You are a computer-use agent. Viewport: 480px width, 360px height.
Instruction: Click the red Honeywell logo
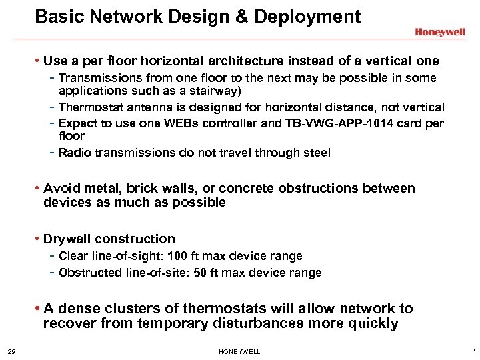[x=439, y=31]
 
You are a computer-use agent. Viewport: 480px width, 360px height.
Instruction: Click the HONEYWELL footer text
[x=239, y=351]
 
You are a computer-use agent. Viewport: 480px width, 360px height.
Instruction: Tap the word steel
[x=315, y=153]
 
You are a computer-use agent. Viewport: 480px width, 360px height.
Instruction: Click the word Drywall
[x=67, y=239]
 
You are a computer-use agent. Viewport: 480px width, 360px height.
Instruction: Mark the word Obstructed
[x=90, y=273]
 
